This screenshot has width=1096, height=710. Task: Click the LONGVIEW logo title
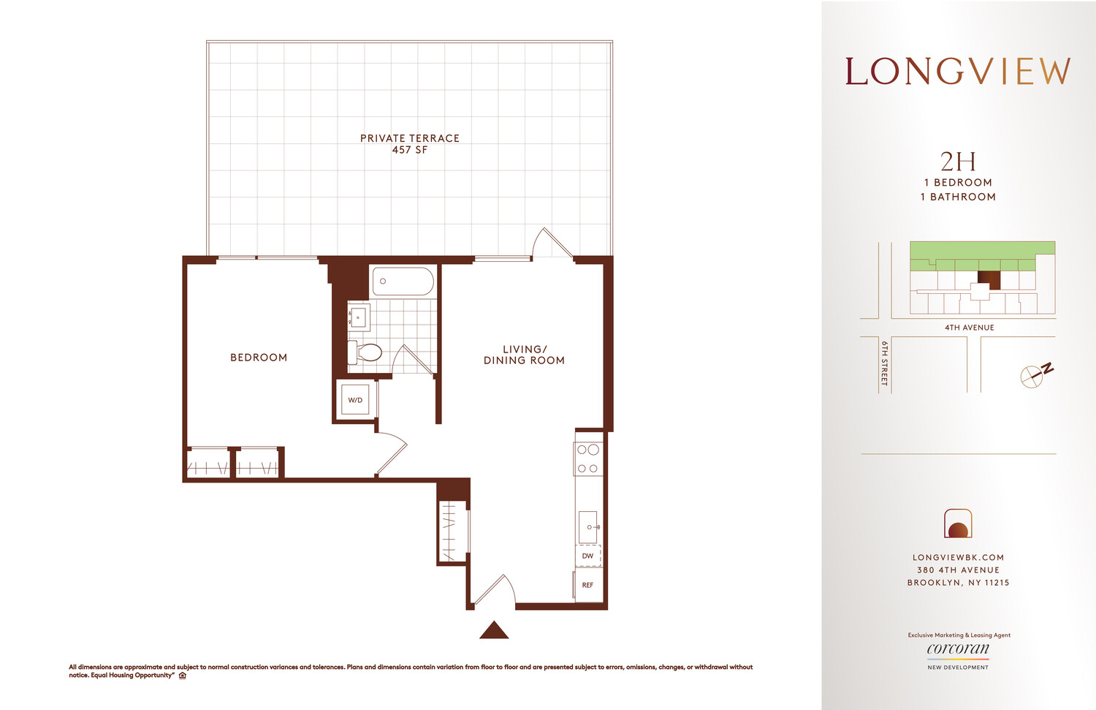pyautogui.click(x=957, y=72)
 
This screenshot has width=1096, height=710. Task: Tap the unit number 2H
pyautogui.click(x=957, y=162)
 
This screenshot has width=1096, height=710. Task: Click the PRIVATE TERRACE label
pyautogui.click(x=410, y=138)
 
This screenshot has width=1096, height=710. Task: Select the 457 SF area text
pyautogui.click(x=410, y=150)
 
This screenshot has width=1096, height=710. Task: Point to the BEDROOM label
pyautogui.click(x=259, y=358)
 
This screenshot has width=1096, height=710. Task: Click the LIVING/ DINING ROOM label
pyautogui.click(x=524, y=355)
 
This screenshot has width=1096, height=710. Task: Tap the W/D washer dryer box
pyautogui.click(x=355, y=400)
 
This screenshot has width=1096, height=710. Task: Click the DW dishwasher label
pyautogui.click(x=587, y=556)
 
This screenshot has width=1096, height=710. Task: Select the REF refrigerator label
pyautogui.click(x=587, y=585)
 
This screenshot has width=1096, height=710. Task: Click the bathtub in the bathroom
pyautogui.click(x=403, y=282)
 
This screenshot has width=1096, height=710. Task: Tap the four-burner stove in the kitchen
pyautogui.click(x=588, y=459)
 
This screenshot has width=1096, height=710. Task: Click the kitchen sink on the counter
pyautogui.click(x=588, y=526)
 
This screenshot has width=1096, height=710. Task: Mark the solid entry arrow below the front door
pyautogui.click(x=494, y=630)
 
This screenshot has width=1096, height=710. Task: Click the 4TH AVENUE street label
pyautogui.click(x=969, y=328)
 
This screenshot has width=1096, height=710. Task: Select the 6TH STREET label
pyautogui.click(x=884, y=363)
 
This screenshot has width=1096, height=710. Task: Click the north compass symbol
pyautogui.click(x=1034, y=375)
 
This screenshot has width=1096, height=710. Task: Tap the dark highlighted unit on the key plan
pyautogui.click(x=989, y=279)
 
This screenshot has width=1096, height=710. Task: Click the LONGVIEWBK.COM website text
pyautogui.click(x=958, y=557)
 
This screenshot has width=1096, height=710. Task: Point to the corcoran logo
pyautogui.click(x=958, y=649)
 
